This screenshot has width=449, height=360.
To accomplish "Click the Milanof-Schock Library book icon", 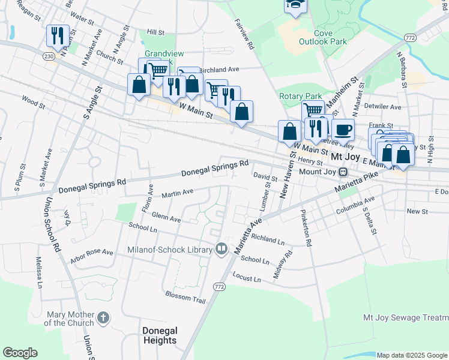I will pos(221,249).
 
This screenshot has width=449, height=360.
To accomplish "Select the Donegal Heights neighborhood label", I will pos(160,335).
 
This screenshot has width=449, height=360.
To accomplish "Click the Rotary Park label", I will pos(300,96).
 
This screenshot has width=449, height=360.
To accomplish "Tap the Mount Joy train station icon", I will pos(343,172).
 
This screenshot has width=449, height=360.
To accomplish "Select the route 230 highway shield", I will pos(49,56).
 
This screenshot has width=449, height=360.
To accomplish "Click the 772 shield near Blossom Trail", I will pos(218,287).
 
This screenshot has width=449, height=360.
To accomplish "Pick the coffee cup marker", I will pos(343,130).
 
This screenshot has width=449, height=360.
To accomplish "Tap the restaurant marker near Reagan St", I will pos(58,35).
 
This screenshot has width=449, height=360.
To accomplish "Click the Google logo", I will pos(20,352).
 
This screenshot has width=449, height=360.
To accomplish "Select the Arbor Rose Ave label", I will pos(91,253).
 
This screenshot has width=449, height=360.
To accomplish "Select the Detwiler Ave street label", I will pos(382,107).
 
